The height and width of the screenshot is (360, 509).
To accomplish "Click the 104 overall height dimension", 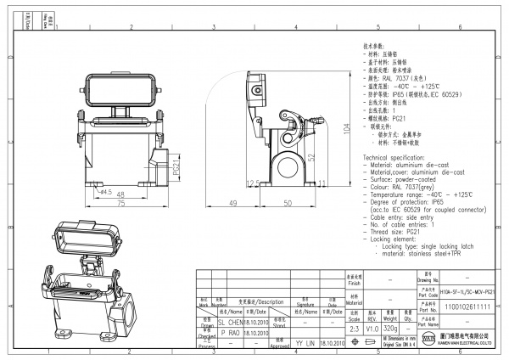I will coord(346,129).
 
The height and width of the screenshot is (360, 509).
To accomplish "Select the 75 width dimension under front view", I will coord(121,205).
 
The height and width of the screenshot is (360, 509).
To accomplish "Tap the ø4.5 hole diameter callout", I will coord(128,192).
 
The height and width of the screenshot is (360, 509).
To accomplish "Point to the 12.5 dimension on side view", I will coord(251,183).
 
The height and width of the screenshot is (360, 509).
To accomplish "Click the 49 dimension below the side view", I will coord(232,205).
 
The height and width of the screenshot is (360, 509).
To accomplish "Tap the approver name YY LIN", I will coord(305,343).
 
